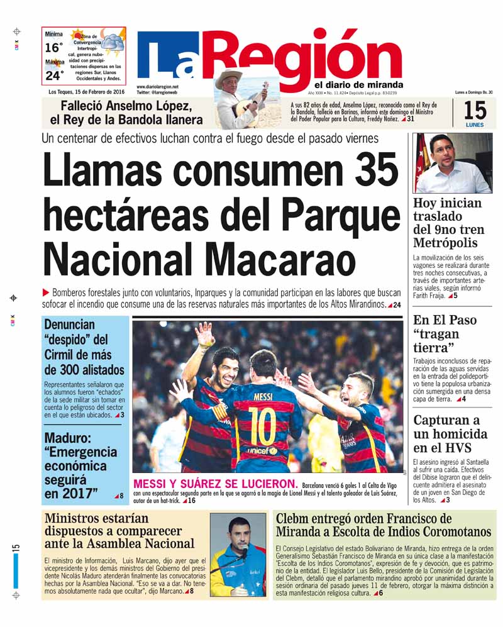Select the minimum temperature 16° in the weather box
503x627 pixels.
[54, 47]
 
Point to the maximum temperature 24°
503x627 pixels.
[54, 75]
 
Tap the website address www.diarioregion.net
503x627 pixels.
[157, 87]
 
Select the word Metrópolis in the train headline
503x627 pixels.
[445, 243]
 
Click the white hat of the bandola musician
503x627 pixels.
[228, 77]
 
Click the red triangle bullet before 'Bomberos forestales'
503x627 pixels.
[45, 292]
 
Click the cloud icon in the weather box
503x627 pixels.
[114, 42]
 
